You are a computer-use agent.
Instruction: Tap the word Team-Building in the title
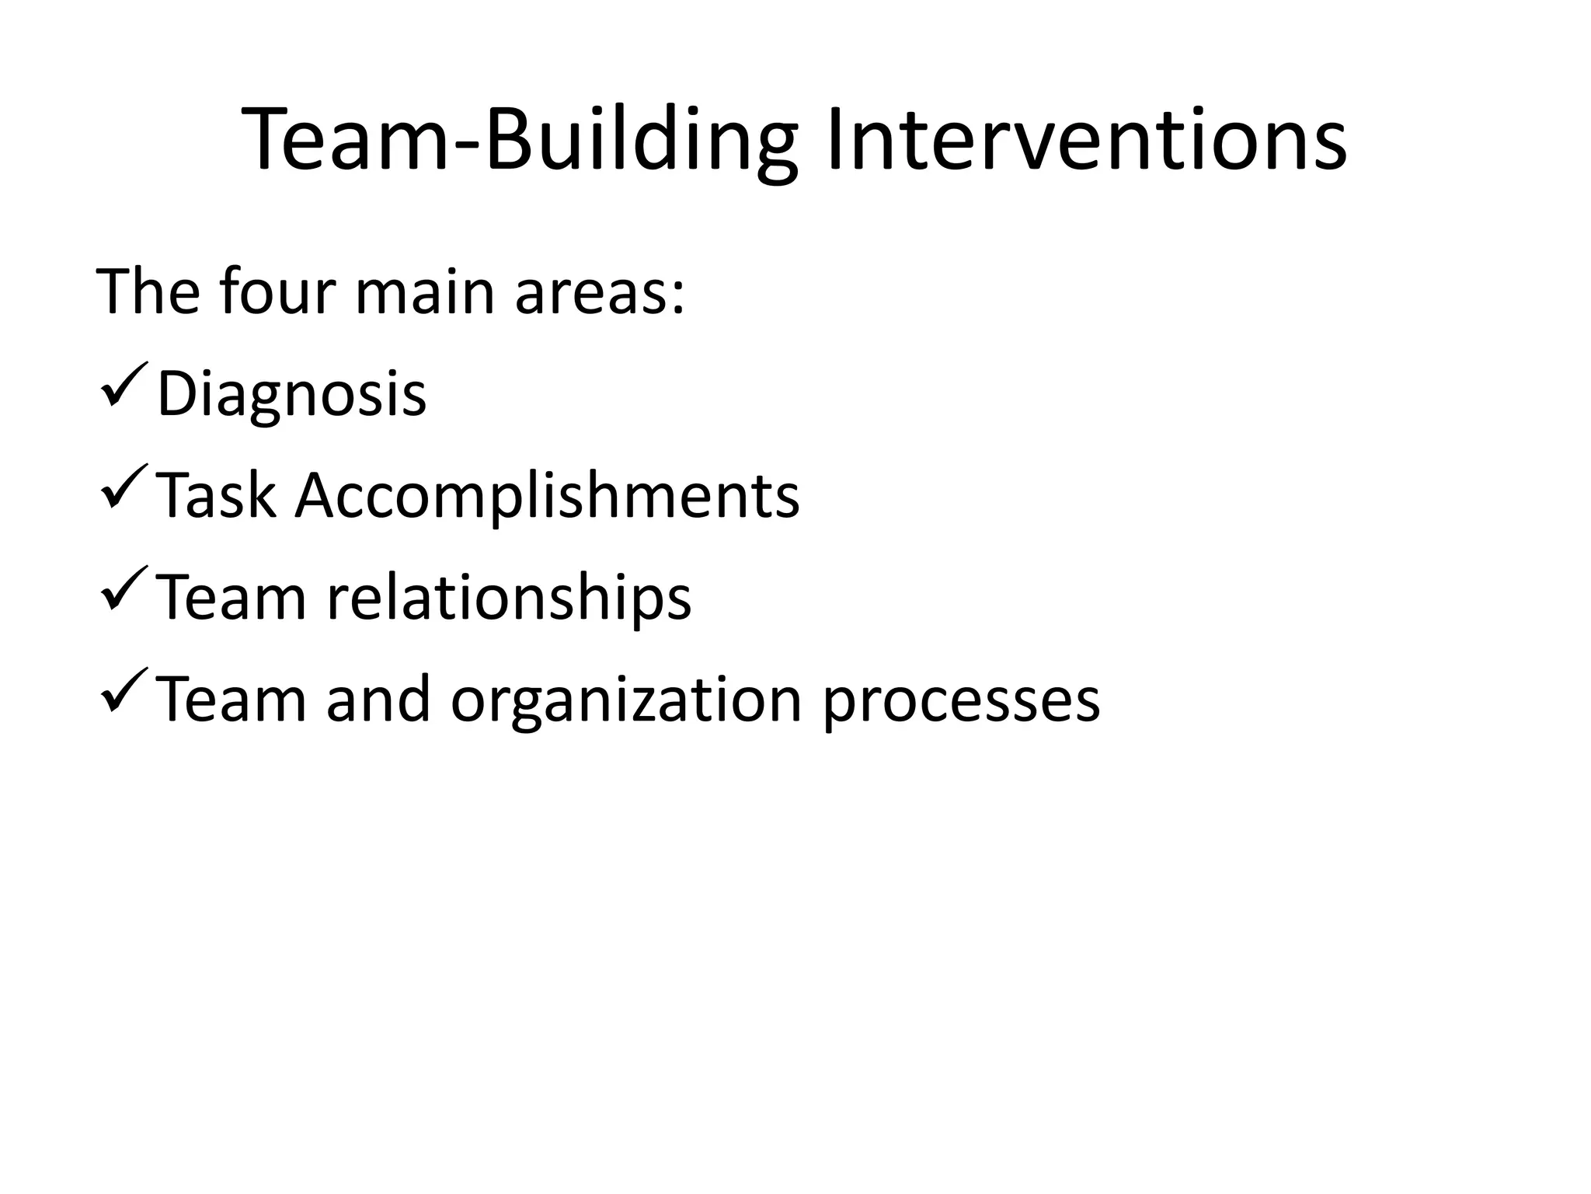point(520,140)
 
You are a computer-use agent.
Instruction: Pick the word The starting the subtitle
point(148,292)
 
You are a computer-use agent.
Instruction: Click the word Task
point(216,496)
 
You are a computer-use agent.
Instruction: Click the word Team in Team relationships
point(232,597)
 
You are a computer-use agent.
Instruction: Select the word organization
point(626,700)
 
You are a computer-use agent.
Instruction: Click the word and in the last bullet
point(378,699)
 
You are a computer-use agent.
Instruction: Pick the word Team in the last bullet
point(232,699)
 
